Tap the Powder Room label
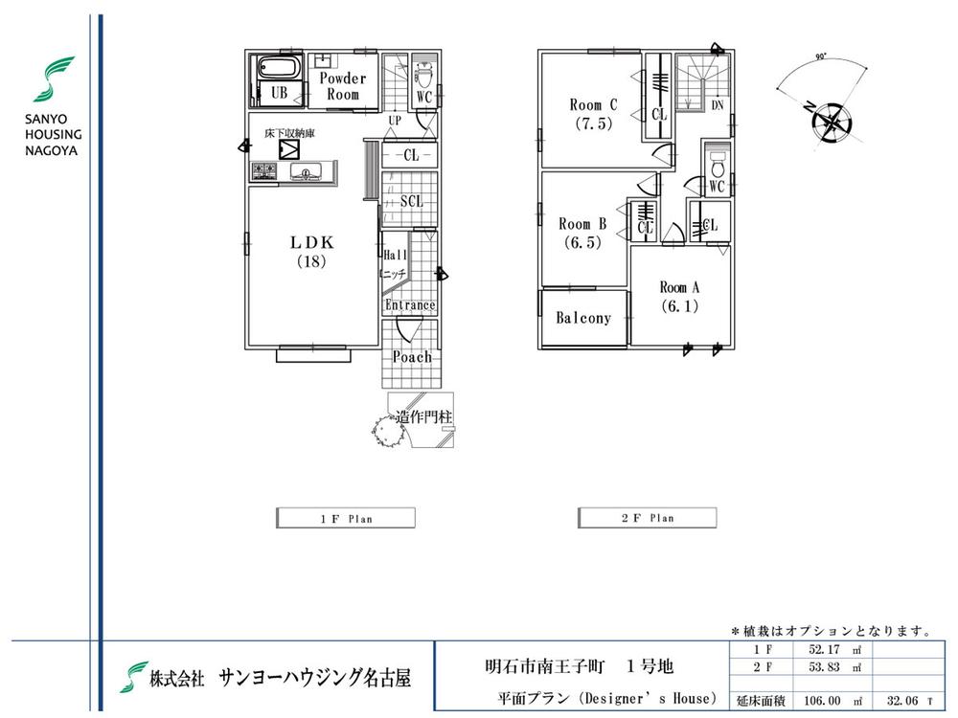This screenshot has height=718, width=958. tap(343, 86)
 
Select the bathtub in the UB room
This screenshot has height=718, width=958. tap(277, 71)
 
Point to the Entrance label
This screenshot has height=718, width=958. tap(410, 305)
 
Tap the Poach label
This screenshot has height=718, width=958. tap(412, 356)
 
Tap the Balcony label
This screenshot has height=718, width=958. tap(583, 318)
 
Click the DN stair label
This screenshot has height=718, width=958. tap(718, 106)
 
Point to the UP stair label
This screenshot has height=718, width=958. tap(395, 121)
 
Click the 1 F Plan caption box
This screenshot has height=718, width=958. tap(346, 518)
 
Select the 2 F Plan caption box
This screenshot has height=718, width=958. tap(647, 518)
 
